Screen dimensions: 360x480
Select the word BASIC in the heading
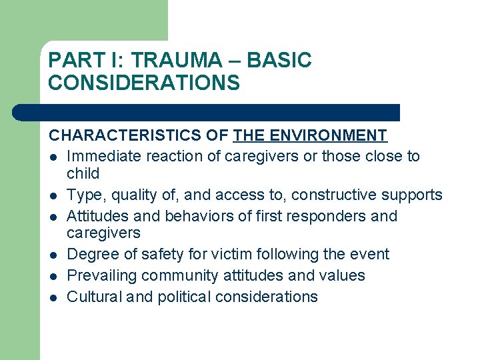(x=279, y=61)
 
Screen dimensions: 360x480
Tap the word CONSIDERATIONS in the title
(x=144, y=83)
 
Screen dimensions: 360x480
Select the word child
(x=83, y=173)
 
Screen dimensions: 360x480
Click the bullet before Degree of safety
(x=53, y=255)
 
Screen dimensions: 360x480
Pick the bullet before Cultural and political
(x=53, y=297)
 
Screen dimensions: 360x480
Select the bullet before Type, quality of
(x=53, y=195)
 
